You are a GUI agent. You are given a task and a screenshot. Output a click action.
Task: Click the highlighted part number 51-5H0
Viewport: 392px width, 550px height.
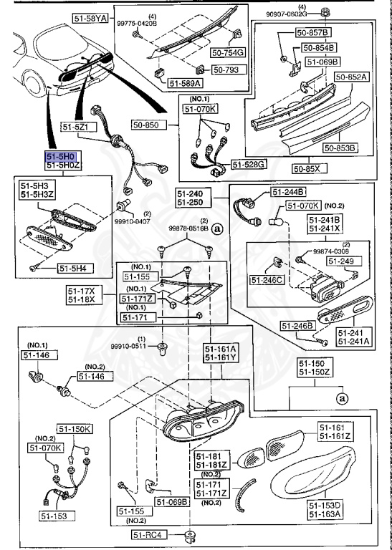pyautogui.click(x=61, y=155)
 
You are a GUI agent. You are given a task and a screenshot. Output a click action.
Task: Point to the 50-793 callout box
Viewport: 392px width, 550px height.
pyautogui.click(x=229, y=70)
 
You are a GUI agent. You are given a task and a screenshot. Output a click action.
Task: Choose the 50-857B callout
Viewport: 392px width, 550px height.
pyautogui.click(x=315, y=34)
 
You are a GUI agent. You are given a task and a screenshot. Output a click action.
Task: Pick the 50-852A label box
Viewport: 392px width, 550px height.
pyautogui.click(x=351, y=76)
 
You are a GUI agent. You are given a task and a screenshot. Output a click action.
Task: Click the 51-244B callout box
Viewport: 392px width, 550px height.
pyautogui.click(x=288, y=191)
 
